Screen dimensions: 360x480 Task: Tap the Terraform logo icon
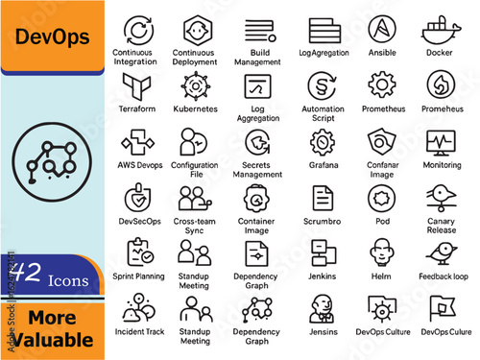pos(136,85)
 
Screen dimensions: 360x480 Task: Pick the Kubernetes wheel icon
pos(195,85)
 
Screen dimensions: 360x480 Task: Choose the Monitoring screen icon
pos(441,142)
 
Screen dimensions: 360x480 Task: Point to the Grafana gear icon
pos(323,142)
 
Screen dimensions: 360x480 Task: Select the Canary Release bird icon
pos(441,197)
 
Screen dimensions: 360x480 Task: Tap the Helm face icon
pos(383,252)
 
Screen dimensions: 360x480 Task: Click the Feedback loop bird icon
pos(441,252)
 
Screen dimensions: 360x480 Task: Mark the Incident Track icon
pos(136,308)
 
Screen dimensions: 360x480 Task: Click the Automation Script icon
pos(323,85)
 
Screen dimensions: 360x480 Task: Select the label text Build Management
pos(257,57)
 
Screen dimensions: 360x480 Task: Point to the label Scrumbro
pos(324,220)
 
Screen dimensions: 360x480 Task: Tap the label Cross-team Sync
pos(195,225)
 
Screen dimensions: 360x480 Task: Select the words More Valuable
pos(53,328)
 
